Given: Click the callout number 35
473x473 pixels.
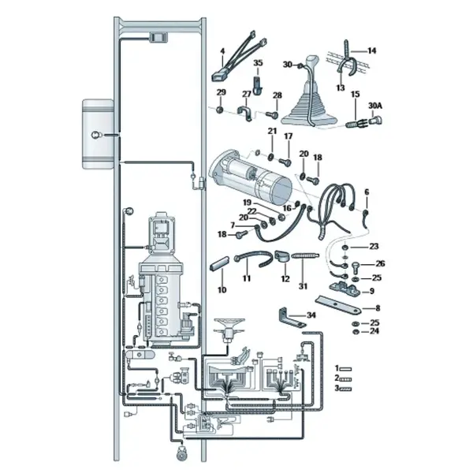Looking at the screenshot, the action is tap(258, 63).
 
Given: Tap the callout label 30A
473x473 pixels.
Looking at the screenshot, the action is tap(375, 106).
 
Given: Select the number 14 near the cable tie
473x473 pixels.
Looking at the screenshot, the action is tap(371, 50).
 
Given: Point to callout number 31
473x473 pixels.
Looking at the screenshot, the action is tap(303, 286).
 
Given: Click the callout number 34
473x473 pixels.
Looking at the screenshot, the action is tap(311, 315).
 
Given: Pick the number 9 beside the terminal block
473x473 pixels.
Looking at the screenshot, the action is tap(371, 291).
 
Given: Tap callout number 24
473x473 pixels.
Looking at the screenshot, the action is tap(374, 331).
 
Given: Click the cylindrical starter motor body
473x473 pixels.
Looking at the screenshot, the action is tap(252, 176).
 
